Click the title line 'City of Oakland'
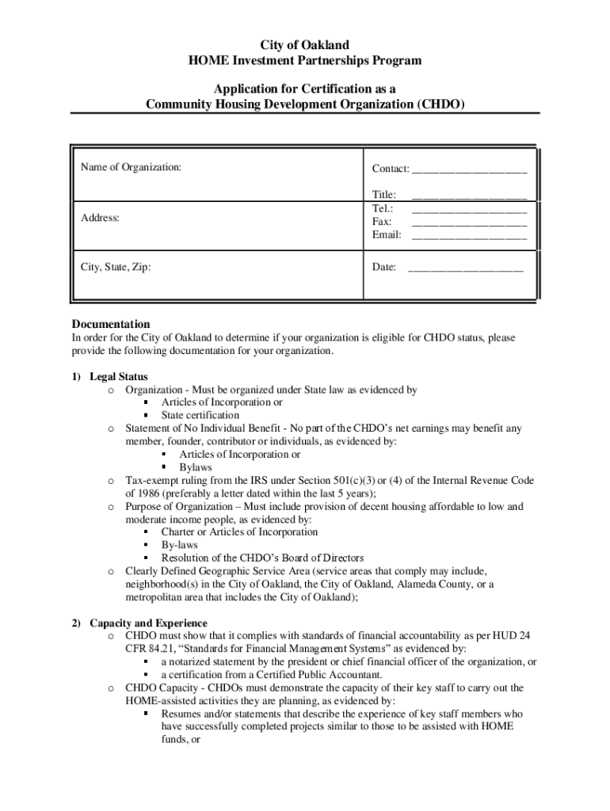(x=305, y=45)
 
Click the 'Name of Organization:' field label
(x=131, y=167)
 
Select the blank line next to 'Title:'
(x=469, y=195)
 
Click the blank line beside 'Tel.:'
(x=469, y=208)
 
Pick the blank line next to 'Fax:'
(x=469, y=222)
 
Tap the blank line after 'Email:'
(x=469, y=235)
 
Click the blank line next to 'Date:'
(x=465, y=268)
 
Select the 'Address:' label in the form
(x=100, y=217)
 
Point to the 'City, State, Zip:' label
(x=116, y=267)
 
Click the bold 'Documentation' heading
(x=111, y=324)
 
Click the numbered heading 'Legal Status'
(x=118, y=376)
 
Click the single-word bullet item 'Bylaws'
(x=196, y=467)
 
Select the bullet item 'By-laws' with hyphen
(x=179, y=545)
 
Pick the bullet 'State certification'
(x=200, y=415)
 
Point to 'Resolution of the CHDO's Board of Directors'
(x=262, y=558)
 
